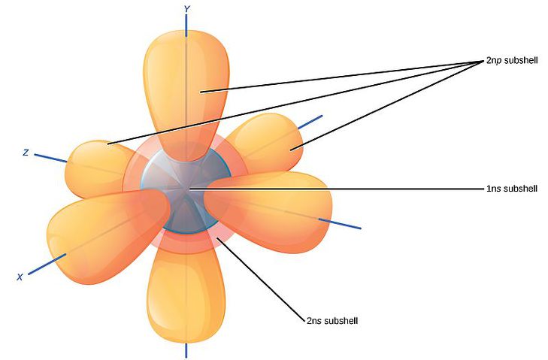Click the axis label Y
click(x=186, y=8)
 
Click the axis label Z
click(x=26, y=153)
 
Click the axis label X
click(x=20, y=277)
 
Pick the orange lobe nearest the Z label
click(x=94, y=165)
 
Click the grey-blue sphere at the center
click(x=184, y=192)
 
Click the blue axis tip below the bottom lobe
click(x=186, y=350)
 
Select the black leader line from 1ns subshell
click(x=338, y=189)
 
